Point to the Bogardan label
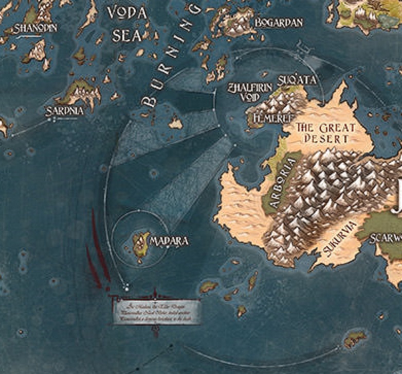[278, 23]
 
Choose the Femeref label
[266, 118]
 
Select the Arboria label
[283, 183]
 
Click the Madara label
[169, 241]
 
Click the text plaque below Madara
[157, 311]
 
